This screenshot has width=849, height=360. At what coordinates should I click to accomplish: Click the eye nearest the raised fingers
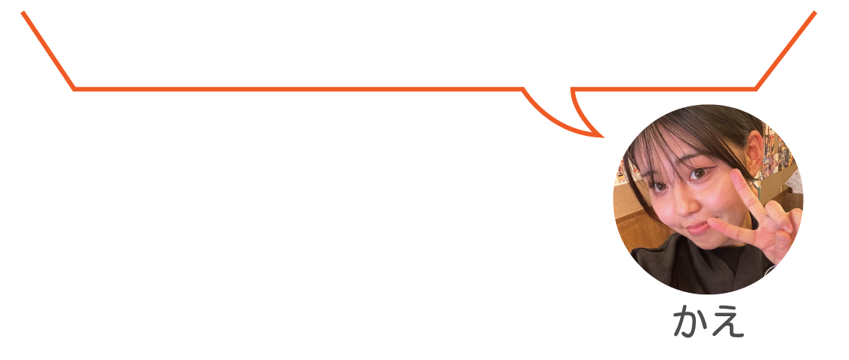coord(700,174)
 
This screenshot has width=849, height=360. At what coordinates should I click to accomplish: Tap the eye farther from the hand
coord(659,186)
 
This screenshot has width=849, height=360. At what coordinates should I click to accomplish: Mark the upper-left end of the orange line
coord(23,12)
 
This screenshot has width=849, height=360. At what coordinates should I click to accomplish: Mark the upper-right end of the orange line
coord(815,12)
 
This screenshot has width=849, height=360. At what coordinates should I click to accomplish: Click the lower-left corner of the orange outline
coord(74,89)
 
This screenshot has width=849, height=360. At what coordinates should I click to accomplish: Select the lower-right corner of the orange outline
coord(755,89)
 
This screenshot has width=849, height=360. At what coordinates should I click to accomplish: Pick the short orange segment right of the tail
coord(663,89)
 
